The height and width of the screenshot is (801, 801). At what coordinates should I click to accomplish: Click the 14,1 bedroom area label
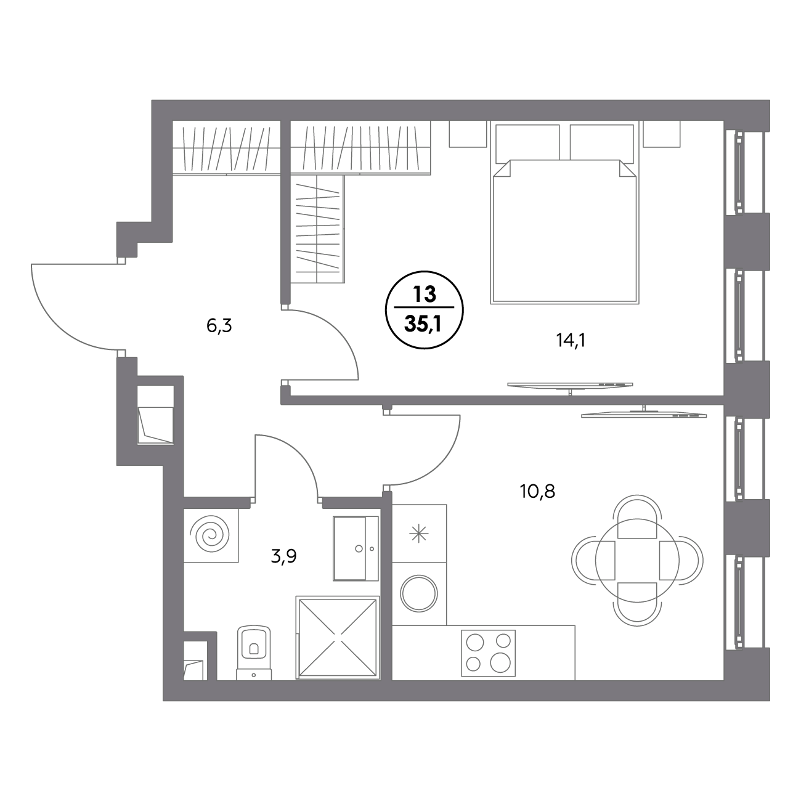571,341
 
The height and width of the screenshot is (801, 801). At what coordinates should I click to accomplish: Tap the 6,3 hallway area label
219,327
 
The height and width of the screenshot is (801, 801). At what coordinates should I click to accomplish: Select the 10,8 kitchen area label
537,492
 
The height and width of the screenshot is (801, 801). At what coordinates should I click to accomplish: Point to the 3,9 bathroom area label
283,556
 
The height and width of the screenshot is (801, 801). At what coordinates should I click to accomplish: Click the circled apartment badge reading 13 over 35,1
424,310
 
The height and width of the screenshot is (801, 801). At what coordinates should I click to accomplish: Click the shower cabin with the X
338,638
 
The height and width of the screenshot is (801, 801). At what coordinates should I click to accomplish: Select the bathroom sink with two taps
356,548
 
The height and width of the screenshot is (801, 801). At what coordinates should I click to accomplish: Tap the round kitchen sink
419,594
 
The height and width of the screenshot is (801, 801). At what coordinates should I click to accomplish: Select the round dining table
637,561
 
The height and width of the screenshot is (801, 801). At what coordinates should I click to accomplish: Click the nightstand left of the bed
468,134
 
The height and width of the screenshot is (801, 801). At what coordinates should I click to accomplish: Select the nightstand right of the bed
661,134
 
